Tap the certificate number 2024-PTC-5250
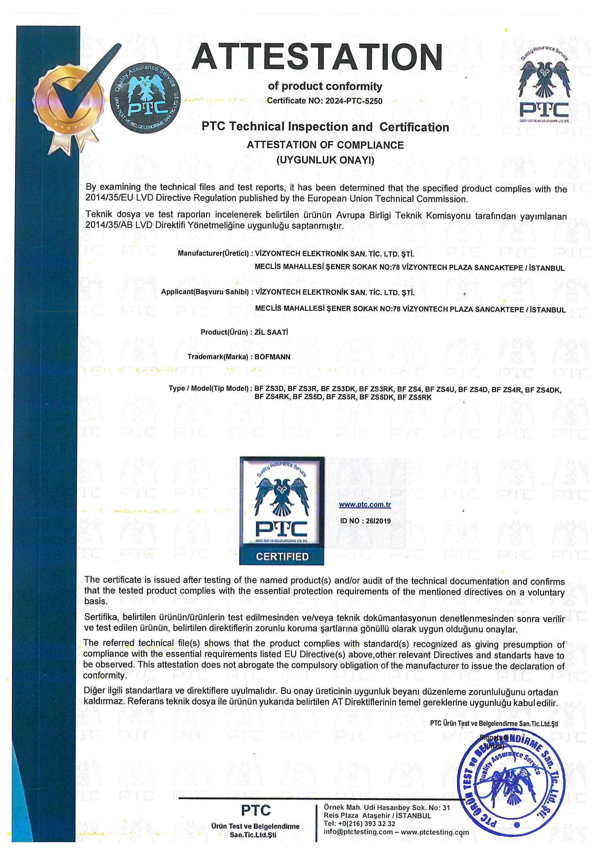pos(354,101)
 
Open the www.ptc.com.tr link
pos(365,504)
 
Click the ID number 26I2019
pos(365,521)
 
